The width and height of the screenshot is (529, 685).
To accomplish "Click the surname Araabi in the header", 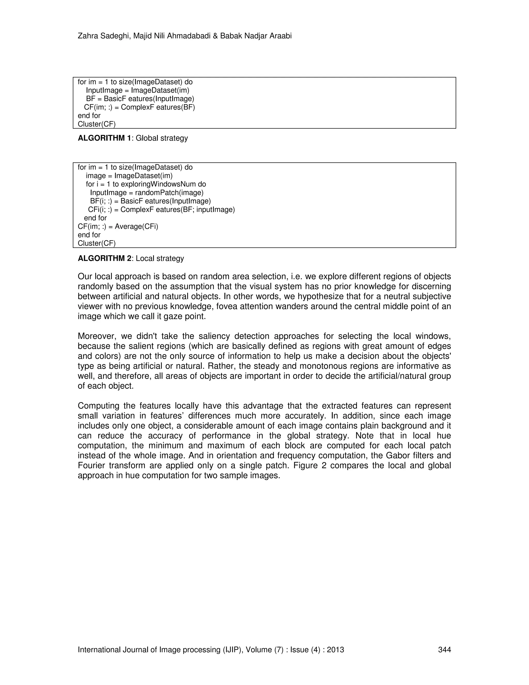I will (281, 36).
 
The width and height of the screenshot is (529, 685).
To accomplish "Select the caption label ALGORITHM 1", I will (104, 138).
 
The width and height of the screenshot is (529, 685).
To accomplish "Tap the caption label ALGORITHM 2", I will (105, 258).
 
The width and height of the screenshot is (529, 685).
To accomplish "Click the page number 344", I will (444, 650).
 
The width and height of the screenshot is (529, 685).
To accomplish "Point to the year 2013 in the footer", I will (335, 650).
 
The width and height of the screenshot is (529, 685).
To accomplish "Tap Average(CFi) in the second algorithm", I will (136, 226).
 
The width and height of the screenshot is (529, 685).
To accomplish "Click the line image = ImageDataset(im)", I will (129, 176).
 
